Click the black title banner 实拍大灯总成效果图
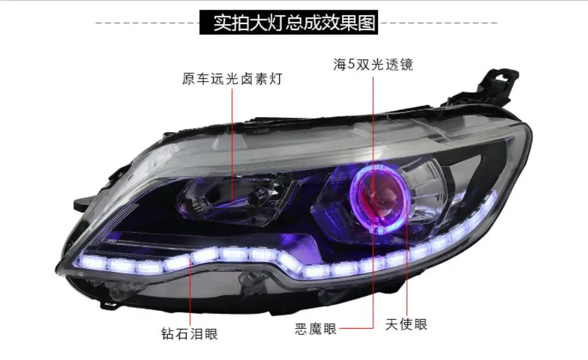(289, 23)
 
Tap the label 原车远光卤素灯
(232, 79)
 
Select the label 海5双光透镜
(373, 65)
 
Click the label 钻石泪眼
(190, 334)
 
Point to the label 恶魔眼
(316, 329)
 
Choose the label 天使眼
(407, 325)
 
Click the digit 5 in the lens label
(351, 65)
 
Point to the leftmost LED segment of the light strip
(92, 261)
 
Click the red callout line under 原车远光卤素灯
(232, 145)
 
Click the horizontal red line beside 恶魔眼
(356, 329)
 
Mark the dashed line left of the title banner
(148, 23)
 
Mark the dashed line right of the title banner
(437, 23)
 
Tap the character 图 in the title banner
(367, 23)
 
